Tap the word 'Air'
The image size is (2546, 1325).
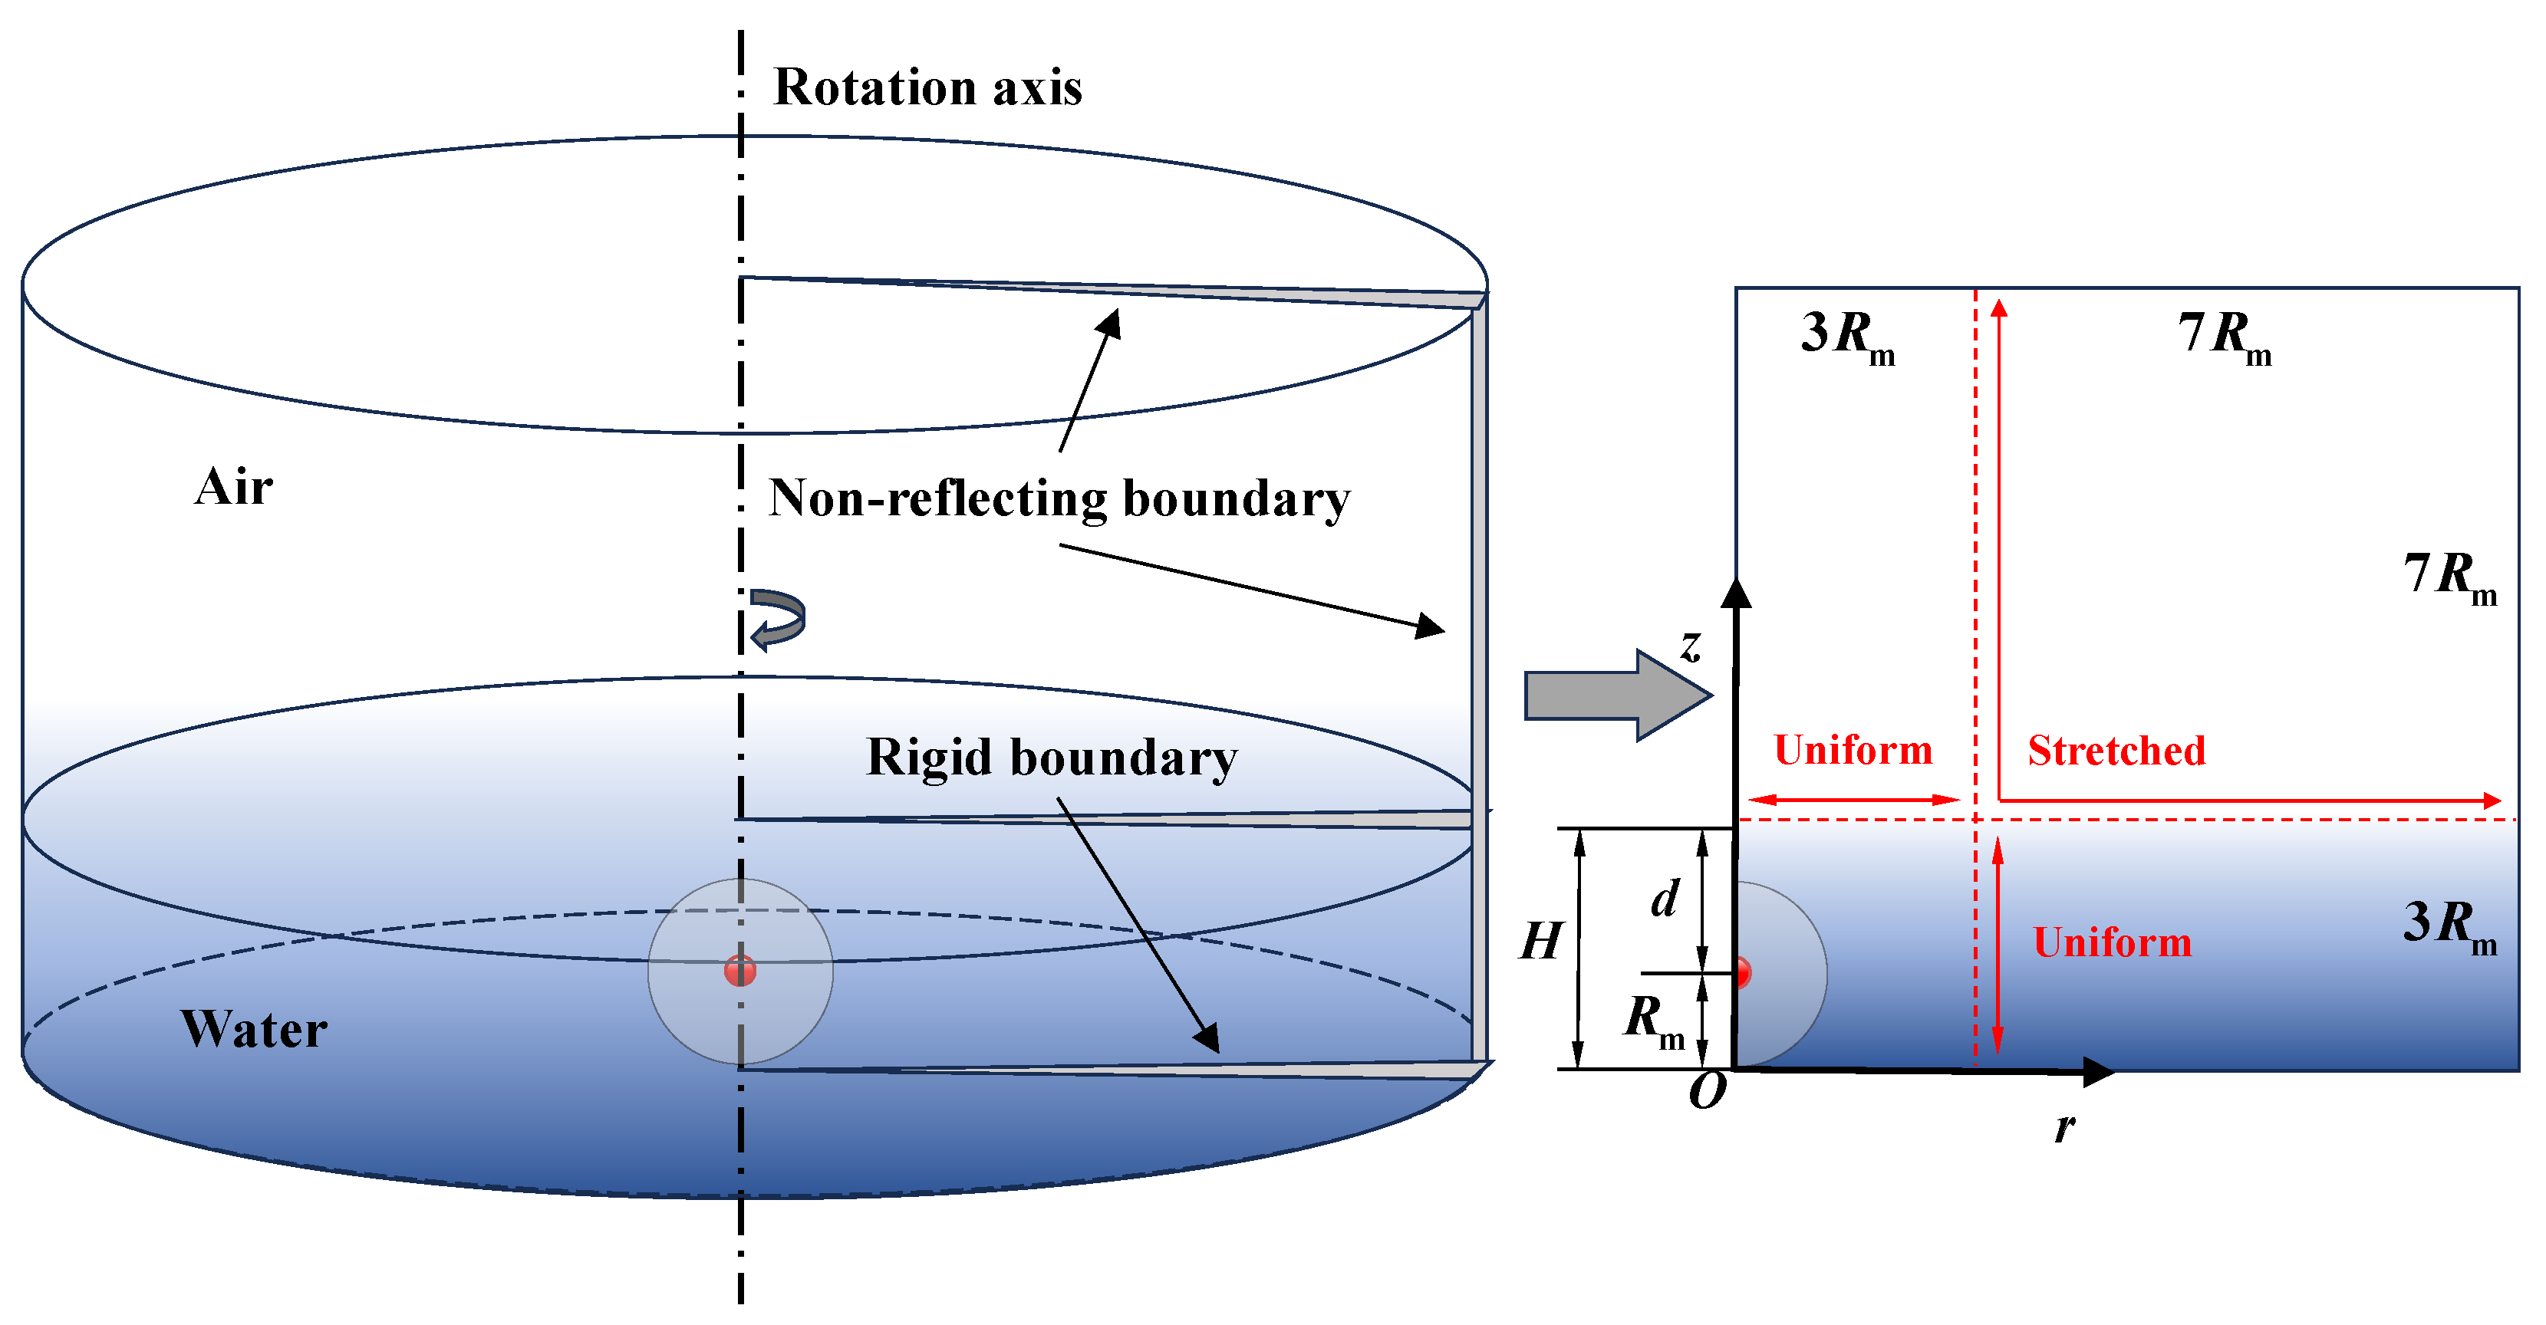(x=233, y=486)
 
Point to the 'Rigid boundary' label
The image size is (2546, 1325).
(x=1052, y=758)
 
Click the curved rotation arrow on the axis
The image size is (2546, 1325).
(x=778, y=620)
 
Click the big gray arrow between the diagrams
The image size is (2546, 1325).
(x=1618, y=695)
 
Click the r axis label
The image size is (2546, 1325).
(x=2065, y=1126)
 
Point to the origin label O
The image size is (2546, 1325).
(x=1707, y=1091)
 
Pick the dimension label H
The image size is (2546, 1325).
(x=1542, y=941)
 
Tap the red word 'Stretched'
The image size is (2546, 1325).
(x=2117, y=751)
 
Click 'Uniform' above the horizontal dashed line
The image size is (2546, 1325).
(x=1853, y=750)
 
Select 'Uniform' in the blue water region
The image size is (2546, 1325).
(x=2112, y=942)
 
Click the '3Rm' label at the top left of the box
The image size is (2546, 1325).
(x=1847, y=337)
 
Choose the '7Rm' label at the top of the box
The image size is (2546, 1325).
(x=2225, y=337)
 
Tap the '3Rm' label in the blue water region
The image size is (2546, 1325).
(x=2451, y=927)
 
